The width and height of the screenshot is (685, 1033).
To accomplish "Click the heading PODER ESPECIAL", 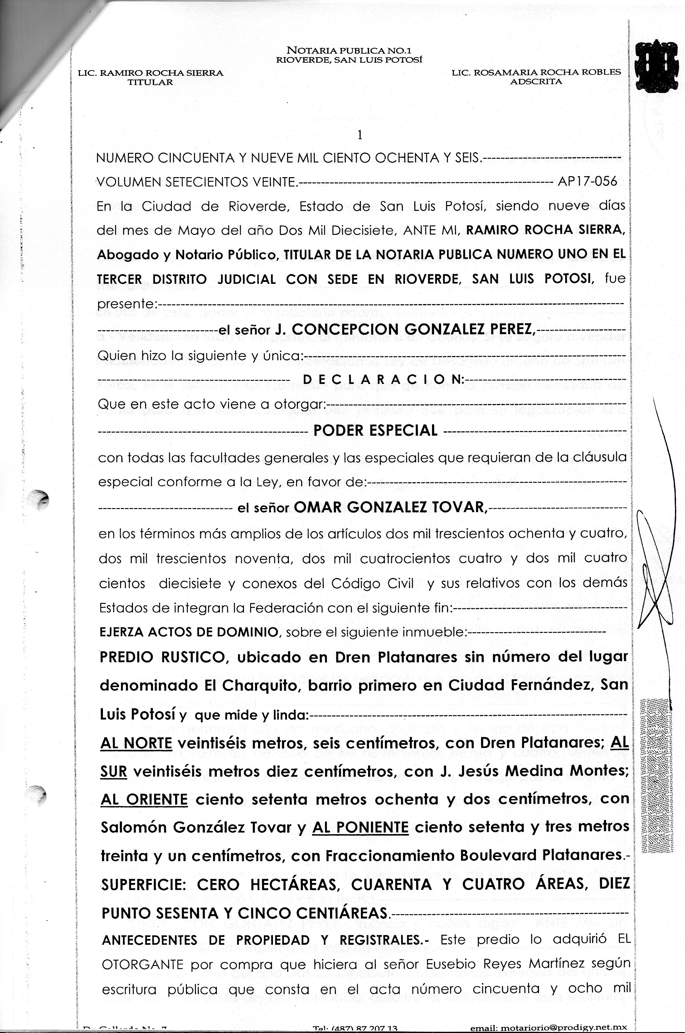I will (375, 431).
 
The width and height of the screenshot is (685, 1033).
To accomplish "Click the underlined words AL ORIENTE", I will (144, 799).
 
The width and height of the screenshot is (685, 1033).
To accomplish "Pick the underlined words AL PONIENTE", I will (360, 827).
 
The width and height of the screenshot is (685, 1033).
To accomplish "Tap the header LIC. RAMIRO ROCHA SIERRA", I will (150, 73).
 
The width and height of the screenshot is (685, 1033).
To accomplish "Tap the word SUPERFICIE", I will (144, 885).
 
